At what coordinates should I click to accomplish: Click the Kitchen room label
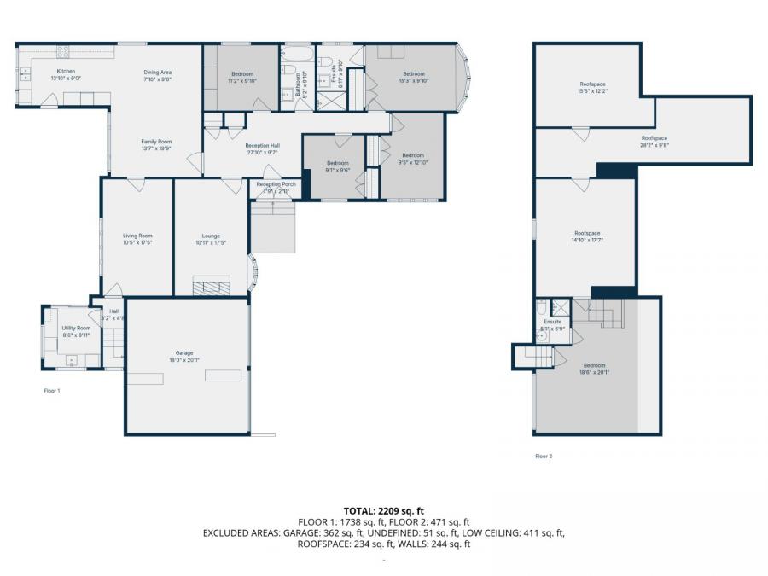(66, 74)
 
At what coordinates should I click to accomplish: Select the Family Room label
(156, 144)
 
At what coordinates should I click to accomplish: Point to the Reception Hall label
(262, 148)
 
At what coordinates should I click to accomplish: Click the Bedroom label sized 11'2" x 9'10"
(242, 78)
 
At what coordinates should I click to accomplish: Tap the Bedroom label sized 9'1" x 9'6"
(337, 166)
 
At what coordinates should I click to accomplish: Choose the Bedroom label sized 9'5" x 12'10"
(413, 158)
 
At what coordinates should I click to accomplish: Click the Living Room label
(137, 239)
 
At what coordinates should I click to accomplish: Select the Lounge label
(211, 239)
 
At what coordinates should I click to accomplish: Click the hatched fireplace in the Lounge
(211, 287)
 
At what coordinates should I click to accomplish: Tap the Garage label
(184, 356)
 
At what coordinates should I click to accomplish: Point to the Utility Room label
(76, 331)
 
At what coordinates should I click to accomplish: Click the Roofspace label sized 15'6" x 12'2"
(592, 87)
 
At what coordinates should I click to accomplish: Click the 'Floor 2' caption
(544, 457)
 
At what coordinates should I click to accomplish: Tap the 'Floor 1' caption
(52, 390)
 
